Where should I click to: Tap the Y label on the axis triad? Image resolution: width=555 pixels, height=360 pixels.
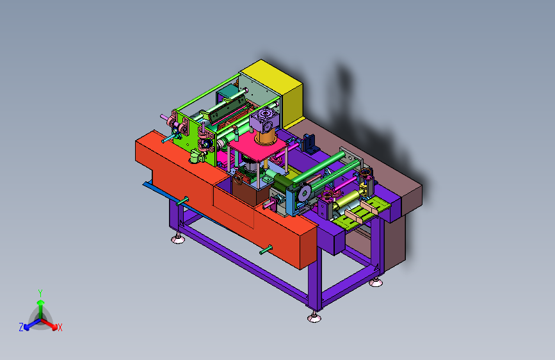[x=40, y=293]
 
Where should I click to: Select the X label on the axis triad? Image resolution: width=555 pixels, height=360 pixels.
[x=60, y=327]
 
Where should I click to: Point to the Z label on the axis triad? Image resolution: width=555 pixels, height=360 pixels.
[x=21, y=327]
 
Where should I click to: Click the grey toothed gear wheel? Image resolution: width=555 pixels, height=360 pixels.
[x=304, y=193]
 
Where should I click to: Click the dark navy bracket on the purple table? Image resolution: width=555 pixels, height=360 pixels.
[x=310, y=143]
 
